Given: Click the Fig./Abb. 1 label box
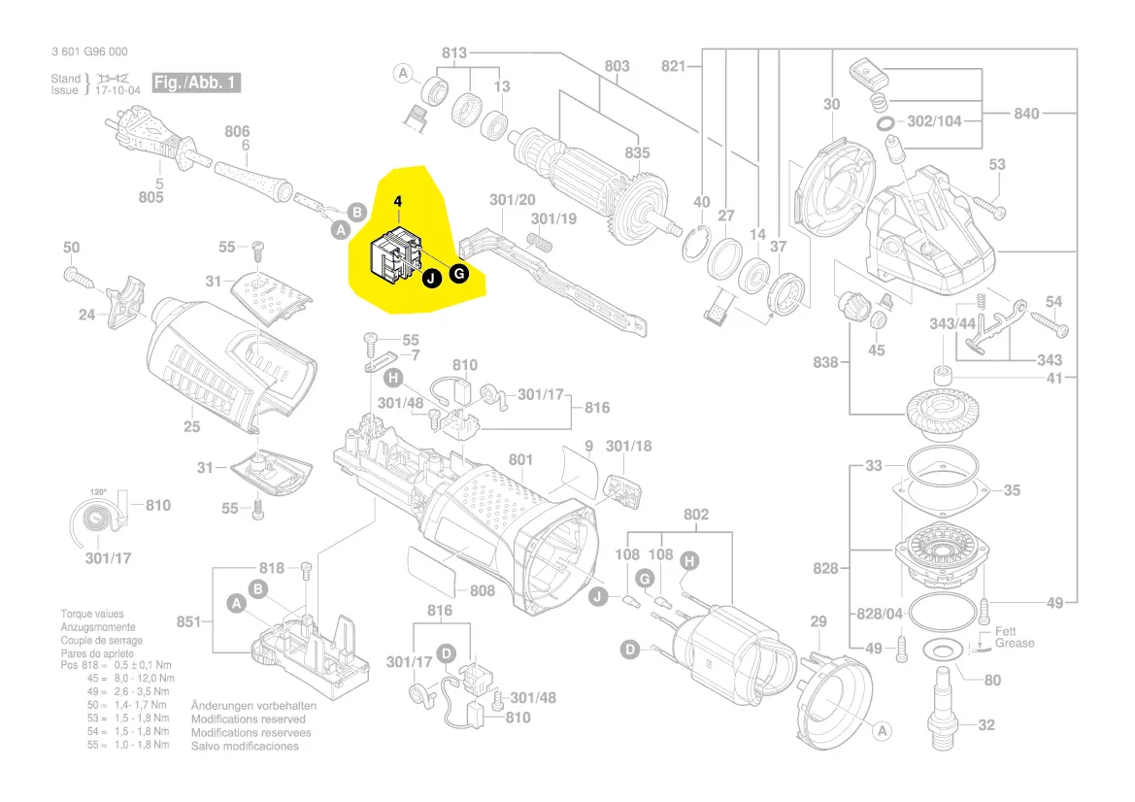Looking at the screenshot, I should (196, 83).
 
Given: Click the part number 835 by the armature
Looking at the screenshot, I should (637, 153).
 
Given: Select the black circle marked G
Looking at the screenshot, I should (460, 275).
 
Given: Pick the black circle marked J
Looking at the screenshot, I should (431, 279).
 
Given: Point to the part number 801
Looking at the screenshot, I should (521, 459).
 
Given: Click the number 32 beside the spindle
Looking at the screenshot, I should (986, 724).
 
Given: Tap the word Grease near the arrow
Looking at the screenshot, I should (1015, 643).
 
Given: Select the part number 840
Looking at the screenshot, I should (1026, 114).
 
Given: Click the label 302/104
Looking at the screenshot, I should (933, 122).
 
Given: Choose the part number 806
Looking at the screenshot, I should (238, 131).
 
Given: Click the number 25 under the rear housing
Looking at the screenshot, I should (191, 426).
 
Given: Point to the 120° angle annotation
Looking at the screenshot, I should (98, 492).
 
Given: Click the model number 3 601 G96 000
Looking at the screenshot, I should (88, 52).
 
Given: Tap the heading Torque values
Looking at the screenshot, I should (93, 615).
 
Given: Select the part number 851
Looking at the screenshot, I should (189, 621).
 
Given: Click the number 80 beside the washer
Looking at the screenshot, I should (991, 681).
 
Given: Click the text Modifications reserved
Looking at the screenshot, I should (248, 719).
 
